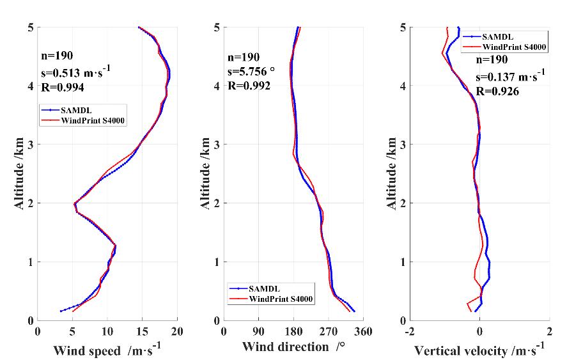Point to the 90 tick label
click(x=258, y=333)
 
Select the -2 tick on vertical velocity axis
click(x=409, y=333)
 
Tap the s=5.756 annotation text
click(x=252, y=72)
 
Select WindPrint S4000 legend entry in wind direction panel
click(x=281, y=299)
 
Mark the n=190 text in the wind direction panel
click(x=244, y=57)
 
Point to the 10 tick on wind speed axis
click(x=107, y=333)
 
